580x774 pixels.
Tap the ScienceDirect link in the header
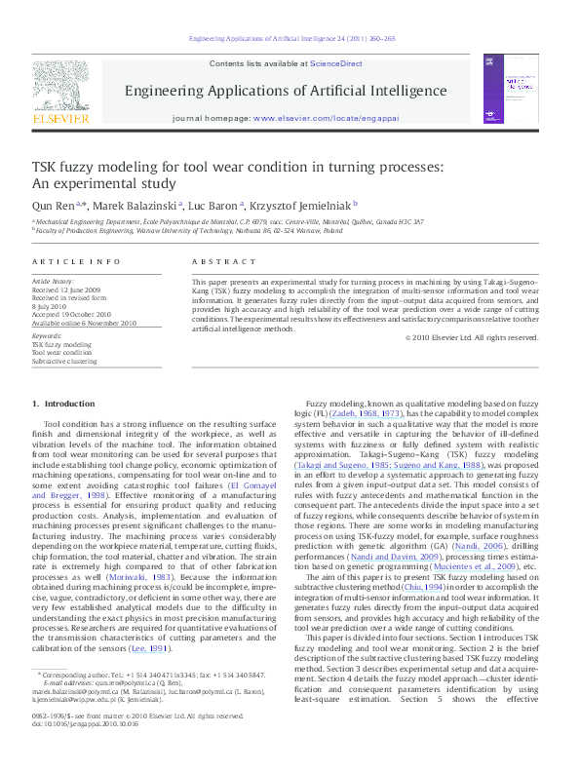coord(336,63)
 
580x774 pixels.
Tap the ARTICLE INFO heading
coord(63,262)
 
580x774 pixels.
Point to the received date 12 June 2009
coord(67,290)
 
